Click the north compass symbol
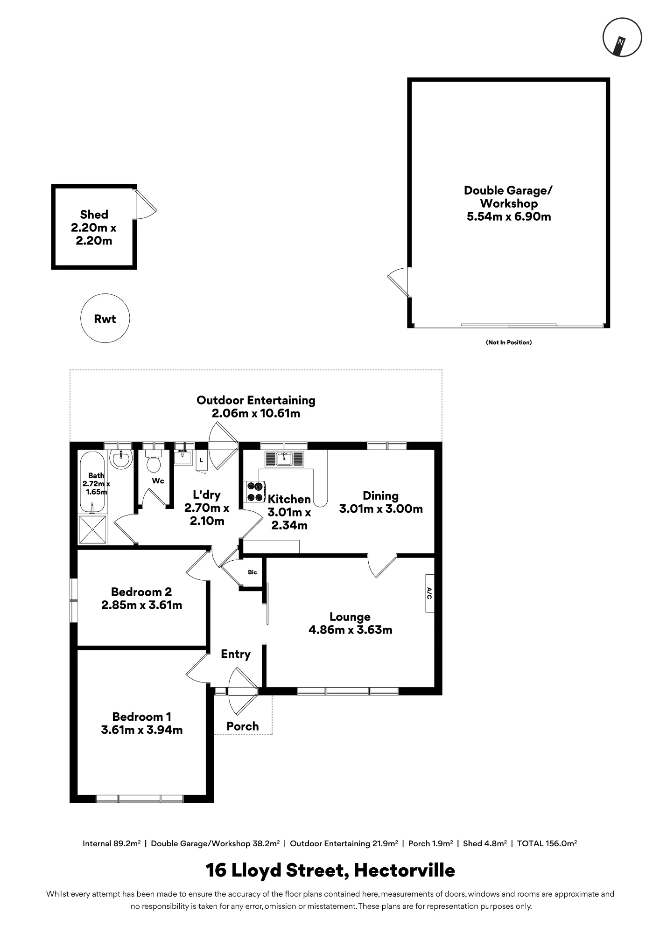622,37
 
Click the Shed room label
94,215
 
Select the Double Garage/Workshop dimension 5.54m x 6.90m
509,216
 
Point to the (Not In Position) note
509,342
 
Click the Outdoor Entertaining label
256,400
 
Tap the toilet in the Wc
153,460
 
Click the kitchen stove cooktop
255,492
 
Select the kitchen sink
284,459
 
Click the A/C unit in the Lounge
429,593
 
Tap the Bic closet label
253,572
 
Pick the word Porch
243,726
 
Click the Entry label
236,654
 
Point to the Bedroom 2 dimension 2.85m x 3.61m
142,605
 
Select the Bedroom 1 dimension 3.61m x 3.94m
142,730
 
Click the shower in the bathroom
93,529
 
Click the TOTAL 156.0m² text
547,843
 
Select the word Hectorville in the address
404,870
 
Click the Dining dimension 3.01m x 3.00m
381,509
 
